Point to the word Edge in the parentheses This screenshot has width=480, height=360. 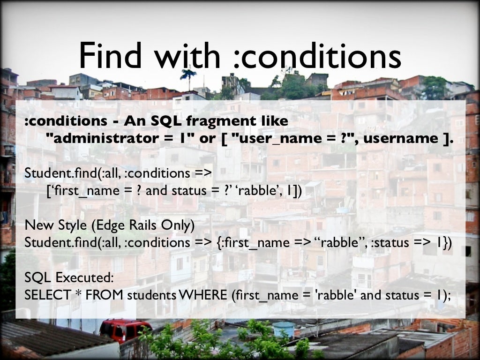coord(108,225)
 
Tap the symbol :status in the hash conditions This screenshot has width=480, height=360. coord(390,243)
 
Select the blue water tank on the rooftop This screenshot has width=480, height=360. coord(284,329)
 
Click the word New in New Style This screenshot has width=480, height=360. coord(36,225)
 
